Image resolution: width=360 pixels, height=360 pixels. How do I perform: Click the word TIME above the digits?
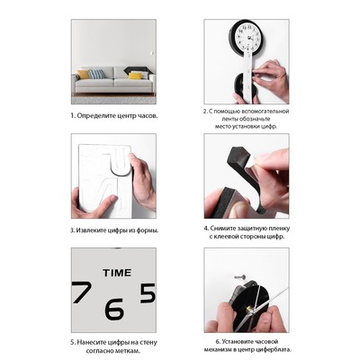[x=117, y=273]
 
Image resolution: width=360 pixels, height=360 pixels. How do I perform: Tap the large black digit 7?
[x=82, y=292]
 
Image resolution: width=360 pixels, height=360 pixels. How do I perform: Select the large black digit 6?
[x=114, y=309]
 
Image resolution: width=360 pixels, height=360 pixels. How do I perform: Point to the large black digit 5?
[x=148, y=293]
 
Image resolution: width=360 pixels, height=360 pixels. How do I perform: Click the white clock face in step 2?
[x=248, y=36]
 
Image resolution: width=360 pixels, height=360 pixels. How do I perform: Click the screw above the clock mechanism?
[x=240, y=276]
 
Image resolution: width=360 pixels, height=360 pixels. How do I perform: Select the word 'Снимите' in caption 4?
[x=221, y=229]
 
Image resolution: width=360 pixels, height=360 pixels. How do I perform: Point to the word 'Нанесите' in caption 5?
[x=89, y=342]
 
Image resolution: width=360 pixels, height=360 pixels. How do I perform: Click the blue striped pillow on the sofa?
[x=96, y=74]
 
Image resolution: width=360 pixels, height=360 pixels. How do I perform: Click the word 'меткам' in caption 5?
[x=131, y=351]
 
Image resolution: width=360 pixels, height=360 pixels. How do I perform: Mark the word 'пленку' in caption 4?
[x=280, y=229]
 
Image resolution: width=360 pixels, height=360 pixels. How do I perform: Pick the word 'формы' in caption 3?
[x=148, y=231]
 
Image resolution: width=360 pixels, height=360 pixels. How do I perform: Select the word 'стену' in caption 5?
[x=148, y=343]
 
